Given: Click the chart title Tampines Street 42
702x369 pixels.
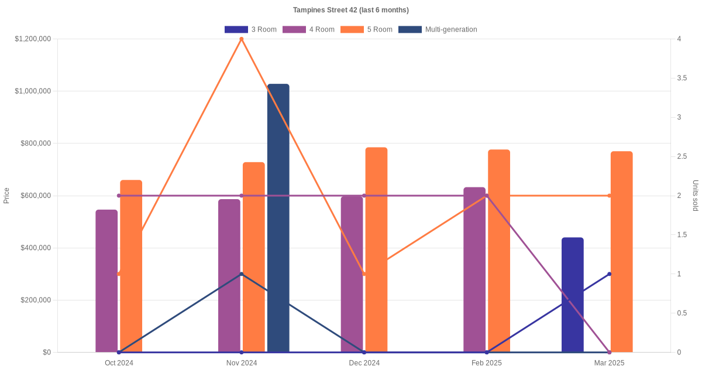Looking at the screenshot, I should [x=350, y=10].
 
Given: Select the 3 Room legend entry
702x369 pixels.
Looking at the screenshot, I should [x=250, y=29].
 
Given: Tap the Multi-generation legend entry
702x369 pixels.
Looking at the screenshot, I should [x=438, y=29].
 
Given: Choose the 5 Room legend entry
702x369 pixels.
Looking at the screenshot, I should [x=366, y=29].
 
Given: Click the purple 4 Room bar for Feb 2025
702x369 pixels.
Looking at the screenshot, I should [x=474, y=269].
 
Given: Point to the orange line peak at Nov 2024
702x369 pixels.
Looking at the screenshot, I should [x=242, y=39].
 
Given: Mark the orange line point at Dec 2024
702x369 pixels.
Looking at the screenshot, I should [x=364, y=274].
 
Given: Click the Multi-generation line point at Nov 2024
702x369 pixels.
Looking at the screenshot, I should [x=242, y=274].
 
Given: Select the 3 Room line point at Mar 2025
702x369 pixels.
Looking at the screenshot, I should [x=609, y=274].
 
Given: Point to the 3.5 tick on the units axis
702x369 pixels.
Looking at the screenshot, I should [x=679, y=78].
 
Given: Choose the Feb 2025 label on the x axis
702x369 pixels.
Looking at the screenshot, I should [x=487, y=363].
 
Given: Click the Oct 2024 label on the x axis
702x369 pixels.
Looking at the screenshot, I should [x=119, y=363].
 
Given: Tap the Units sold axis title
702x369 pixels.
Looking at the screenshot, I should [x=695, y=196].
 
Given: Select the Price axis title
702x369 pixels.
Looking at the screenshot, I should [x=6, y=196].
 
